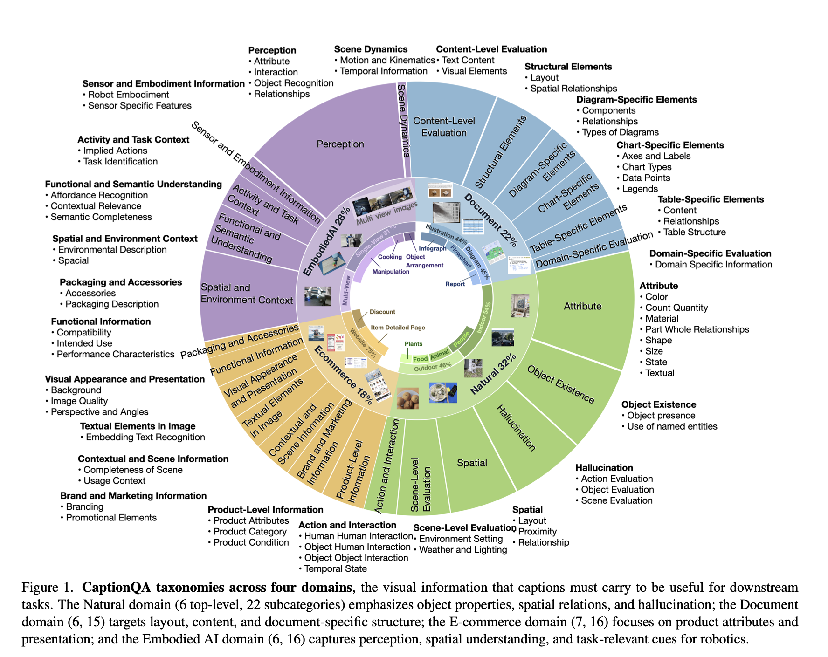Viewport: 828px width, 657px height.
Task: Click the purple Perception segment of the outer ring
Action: click(x=340, y=144)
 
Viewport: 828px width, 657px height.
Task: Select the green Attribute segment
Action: click(x=582, y=306)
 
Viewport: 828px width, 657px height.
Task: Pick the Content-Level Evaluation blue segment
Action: click(x=444, y=127)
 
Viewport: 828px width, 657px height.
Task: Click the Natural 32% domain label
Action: click(x=493, y=374)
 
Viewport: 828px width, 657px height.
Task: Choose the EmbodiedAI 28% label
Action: click(x=326, y=242)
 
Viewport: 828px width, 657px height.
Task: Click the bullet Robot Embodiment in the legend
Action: click(x=128, y=95)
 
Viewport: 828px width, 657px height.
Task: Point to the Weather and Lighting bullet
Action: click(x=462, y=550)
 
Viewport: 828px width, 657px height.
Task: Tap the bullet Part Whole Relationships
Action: click(x=697, y=329)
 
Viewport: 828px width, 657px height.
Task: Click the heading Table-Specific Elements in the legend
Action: click(x=711, y=199)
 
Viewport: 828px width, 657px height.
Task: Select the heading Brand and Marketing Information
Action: click(x=133, y=496)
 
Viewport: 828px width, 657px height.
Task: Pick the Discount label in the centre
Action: click(x=382, y=312)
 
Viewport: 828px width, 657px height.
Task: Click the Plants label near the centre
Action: click(x=414, y=344)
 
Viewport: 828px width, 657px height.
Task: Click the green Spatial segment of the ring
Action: click(x=472, y=463)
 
